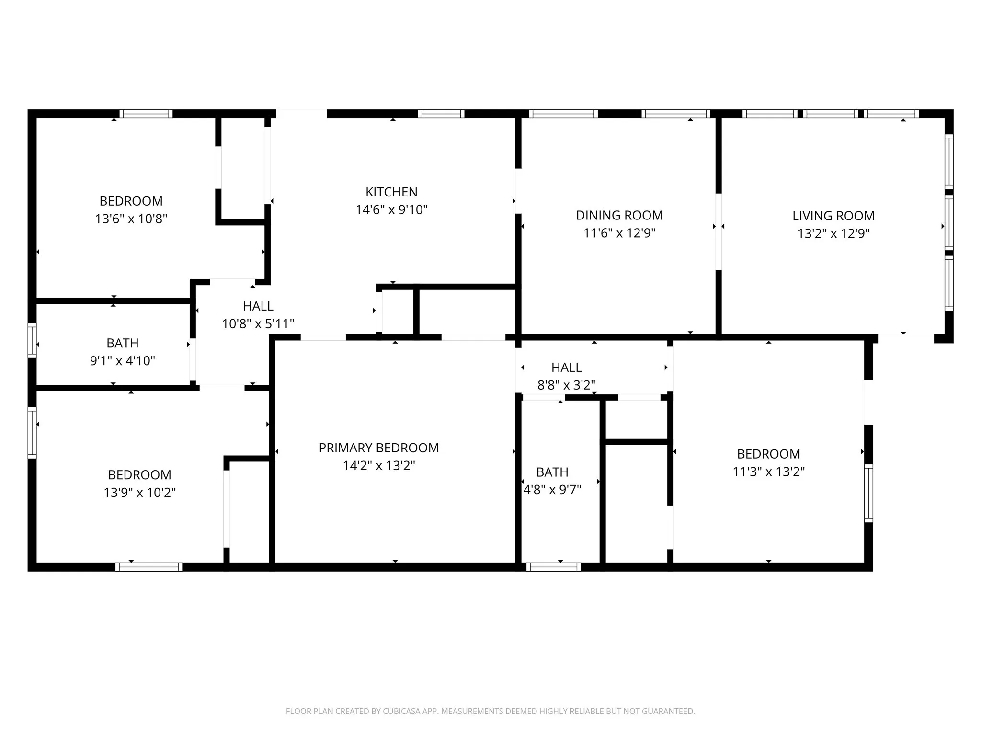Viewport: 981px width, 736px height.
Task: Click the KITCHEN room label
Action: pyautogui.click(x=391, y=192)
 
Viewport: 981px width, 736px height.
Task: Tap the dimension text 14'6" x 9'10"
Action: pyautogui.click(x=391, y=210)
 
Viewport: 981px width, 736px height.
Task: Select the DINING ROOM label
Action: pyautogui.click(x=619, y=216)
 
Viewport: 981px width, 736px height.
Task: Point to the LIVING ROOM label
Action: pyautogui.click(x=833, y=216)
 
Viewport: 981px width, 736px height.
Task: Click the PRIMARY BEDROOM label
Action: pyautogui.click(x=378, y=448)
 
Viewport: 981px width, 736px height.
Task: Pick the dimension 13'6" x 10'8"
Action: pyautogui.click(x=131, y=219)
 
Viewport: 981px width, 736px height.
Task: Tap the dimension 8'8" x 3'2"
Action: pyautogui.click(x=566, y=385)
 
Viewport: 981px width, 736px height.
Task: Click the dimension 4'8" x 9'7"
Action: pyautogui.click(x=552, y=490)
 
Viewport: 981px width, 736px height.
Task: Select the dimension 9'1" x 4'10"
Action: pyautogui.click(x=123, y=361)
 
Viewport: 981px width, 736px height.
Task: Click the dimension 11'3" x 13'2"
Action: pyautogui.click(x=768, y=472)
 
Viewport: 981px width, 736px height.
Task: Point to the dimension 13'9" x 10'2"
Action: pyautogui.click(x=139, y=493)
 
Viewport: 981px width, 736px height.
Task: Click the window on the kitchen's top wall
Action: pyautogui.click(x=441, y=114)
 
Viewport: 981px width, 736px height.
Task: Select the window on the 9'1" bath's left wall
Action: pyautogui.click(x=32, y=340)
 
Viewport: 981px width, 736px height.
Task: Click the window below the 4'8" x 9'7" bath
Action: pyautogui.click(x=553, y=567)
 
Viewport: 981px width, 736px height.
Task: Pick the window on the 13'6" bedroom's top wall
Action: pyautogui.click(x=146, y=114)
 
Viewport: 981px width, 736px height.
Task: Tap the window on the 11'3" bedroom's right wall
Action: pyautogui.click(x=868, y=493)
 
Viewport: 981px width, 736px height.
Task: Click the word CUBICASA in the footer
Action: pyautogui.click(x=401, y=712)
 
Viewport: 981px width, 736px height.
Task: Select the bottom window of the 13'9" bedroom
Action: pyautogui.click(x=148, y=567)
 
